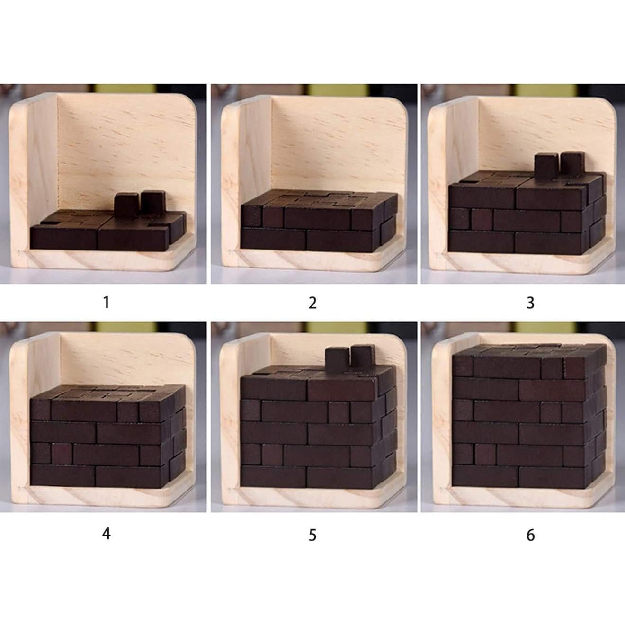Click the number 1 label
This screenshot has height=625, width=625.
pos(107,302)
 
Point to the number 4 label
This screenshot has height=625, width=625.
pos(107,534)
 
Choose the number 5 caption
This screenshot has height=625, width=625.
pos(312,535)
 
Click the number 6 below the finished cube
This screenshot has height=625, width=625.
pos(530,535)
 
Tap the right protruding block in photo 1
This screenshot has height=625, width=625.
pos(152,202)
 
